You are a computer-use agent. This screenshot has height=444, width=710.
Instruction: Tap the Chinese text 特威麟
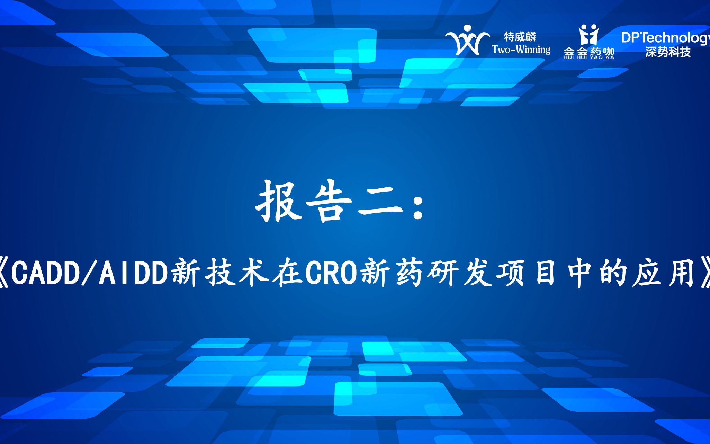[x=520, y=36]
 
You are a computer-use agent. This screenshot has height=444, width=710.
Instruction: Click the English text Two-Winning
[x=521, y=50]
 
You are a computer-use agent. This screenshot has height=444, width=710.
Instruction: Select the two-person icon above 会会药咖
[x=589, y=35]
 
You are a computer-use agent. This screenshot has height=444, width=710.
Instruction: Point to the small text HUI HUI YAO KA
[x=589, y=57]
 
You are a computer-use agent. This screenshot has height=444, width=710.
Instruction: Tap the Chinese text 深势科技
[x=668, y=52]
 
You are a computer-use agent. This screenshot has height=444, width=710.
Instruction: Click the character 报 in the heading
[x=279, y=201]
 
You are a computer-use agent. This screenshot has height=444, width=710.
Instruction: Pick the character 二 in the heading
[x=381, y=202]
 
